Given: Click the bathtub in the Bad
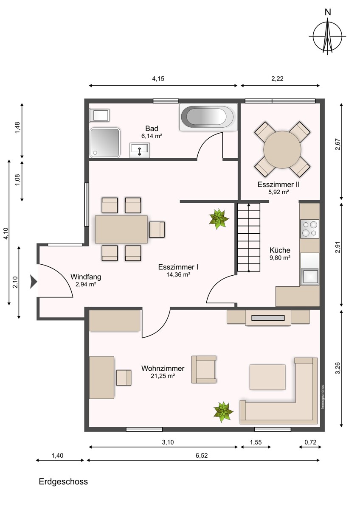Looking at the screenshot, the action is pos(208,117).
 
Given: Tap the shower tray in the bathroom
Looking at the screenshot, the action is pos(104,143).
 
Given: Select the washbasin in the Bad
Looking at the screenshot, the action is pos(140,150).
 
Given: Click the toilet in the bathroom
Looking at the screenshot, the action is pos(100,115).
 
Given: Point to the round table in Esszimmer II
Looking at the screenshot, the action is pos(282,149).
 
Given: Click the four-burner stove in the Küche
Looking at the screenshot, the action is pos(309,229).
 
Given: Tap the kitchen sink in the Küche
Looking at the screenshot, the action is pos(309,277).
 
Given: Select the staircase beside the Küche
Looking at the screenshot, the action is pos(249,237).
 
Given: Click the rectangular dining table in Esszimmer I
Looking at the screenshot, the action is pos(121,229).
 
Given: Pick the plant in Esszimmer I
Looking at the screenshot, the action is pos(219,219).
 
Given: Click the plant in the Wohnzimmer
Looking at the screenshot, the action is pos(223,412).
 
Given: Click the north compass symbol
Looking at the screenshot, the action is pos(327,36).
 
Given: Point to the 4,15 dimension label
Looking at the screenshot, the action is pos(158,79).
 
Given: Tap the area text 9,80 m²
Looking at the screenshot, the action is pos(280,258).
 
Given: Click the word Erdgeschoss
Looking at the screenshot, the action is pos(63,481).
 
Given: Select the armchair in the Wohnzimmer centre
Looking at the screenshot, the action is pos(204,369).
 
